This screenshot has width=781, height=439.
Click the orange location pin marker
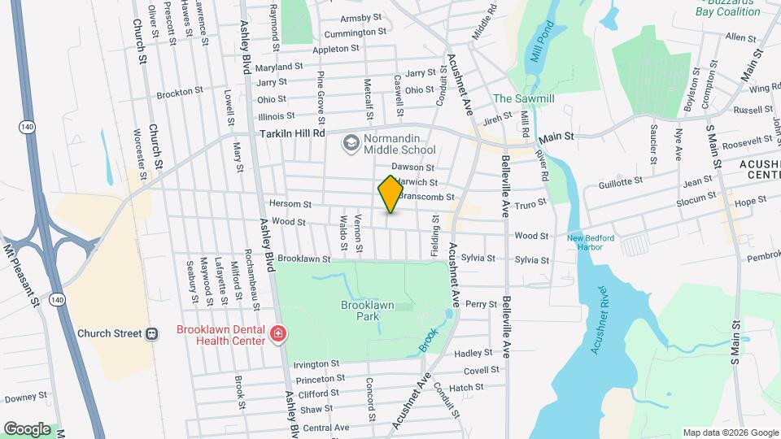point(390,193)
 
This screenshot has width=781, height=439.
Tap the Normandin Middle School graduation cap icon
point(351,144)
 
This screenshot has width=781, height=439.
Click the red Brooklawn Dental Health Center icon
point(278,334)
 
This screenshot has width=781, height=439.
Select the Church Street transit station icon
point(151,333)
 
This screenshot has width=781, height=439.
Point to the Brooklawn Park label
point(367,310)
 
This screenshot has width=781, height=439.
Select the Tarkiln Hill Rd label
point(292,133)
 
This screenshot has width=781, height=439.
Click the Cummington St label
point(355,33)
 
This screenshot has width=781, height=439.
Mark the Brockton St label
point(179,92)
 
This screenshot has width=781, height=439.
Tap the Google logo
point(27,428)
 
